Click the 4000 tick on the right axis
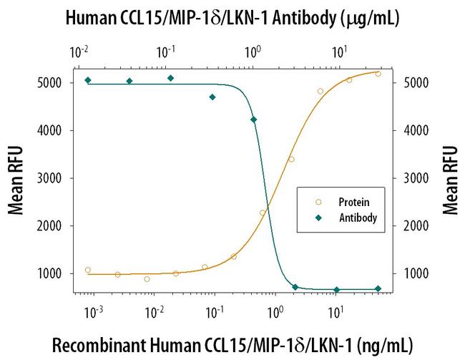(x=417, y=131)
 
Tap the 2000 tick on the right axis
(x=417, y=226)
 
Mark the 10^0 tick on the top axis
(x=253, y=52)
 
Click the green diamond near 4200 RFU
(x=253, y=120)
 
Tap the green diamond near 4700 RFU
(x=212, y=97)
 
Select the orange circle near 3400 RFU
(x=291, y=159)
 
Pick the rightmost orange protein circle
(x=378, y=74)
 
